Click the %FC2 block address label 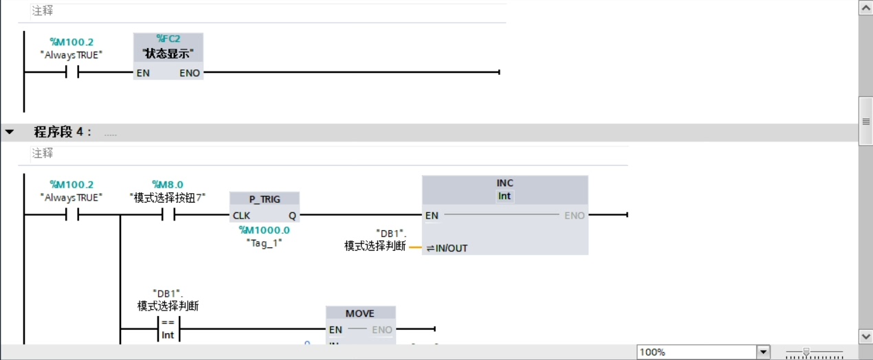click(168, 39)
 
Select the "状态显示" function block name click(168, 54)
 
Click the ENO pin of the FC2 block click(190, 73)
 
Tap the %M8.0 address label click(168, 184)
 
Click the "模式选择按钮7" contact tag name click(168, 197)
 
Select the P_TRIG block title click(265, 199)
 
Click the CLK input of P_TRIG click(241, 216)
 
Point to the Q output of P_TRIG click(292, 216)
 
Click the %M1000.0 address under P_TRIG click(264, 230)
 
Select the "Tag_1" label click(264, 243)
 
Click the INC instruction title click(505, 183)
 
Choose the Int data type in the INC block click(505, 196)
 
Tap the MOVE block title click(360, 313)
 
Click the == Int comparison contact click(168, 329)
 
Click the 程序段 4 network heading click(63, 132)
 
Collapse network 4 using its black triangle click(10, 132)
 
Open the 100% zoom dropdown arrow click(763, 352)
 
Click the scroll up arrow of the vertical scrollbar click(866, 7)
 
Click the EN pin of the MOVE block click(335, 330)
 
